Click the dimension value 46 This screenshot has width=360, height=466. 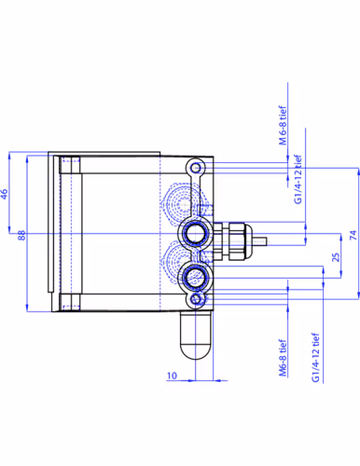[4, 194]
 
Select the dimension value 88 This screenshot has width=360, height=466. [21, 235]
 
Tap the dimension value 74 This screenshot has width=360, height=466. [353, 235]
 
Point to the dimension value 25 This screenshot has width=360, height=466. [336, 257]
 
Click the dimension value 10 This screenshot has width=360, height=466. [172, 376]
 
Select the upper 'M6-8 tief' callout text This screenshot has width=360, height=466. [283, 125]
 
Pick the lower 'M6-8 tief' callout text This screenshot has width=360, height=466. [283, 358]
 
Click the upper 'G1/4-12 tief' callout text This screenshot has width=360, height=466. [298, 179]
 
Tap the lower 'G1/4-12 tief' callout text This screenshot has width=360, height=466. [315, 358]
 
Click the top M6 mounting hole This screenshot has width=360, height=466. [196, 168]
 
